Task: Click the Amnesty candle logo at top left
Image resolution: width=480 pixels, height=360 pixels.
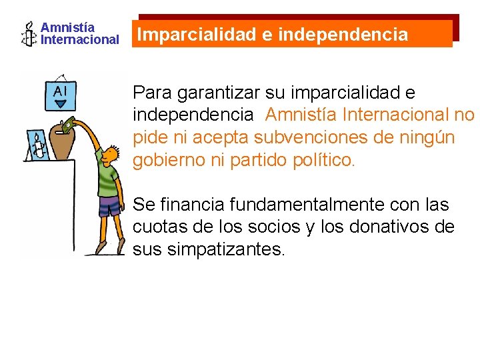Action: click(x=29, y=33)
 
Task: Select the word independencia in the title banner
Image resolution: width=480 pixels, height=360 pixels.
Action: click(x=343, y=35)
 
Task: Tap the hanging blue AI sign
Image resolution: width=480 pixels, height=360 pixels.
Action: click(x=60, y=95)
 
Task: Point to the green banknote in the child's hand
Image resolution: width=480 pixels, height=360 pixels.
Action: click(x=69, y=123)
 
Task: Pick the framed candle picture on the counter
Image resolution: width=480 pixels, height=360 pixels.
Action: click(x=37, y=145)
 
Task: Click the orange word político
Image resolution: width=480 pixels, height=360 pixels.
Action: click(x=325, y=161)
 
